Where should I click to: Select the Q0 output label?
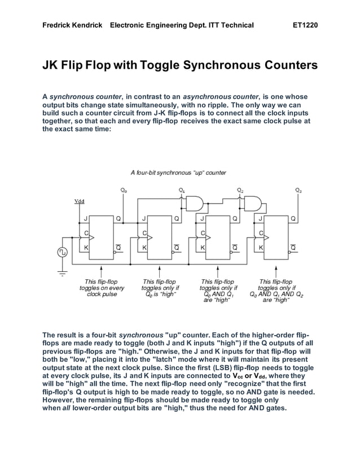(124, 191)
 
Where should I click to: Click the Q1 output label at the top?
(182, 191)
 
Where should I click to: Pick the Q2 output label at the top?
(240, 191)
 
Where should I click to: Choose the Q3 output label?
(298, 191)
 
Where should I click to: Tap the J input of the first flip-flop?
(86, 218)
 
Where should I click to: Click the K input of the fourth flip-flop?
(260, 247)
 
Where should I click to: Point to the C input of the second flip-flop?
(144, 232)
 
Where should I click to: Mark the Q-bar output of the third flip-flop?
(235, 247)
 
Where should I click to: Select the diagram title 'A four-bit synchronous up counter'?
(178, 173)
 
